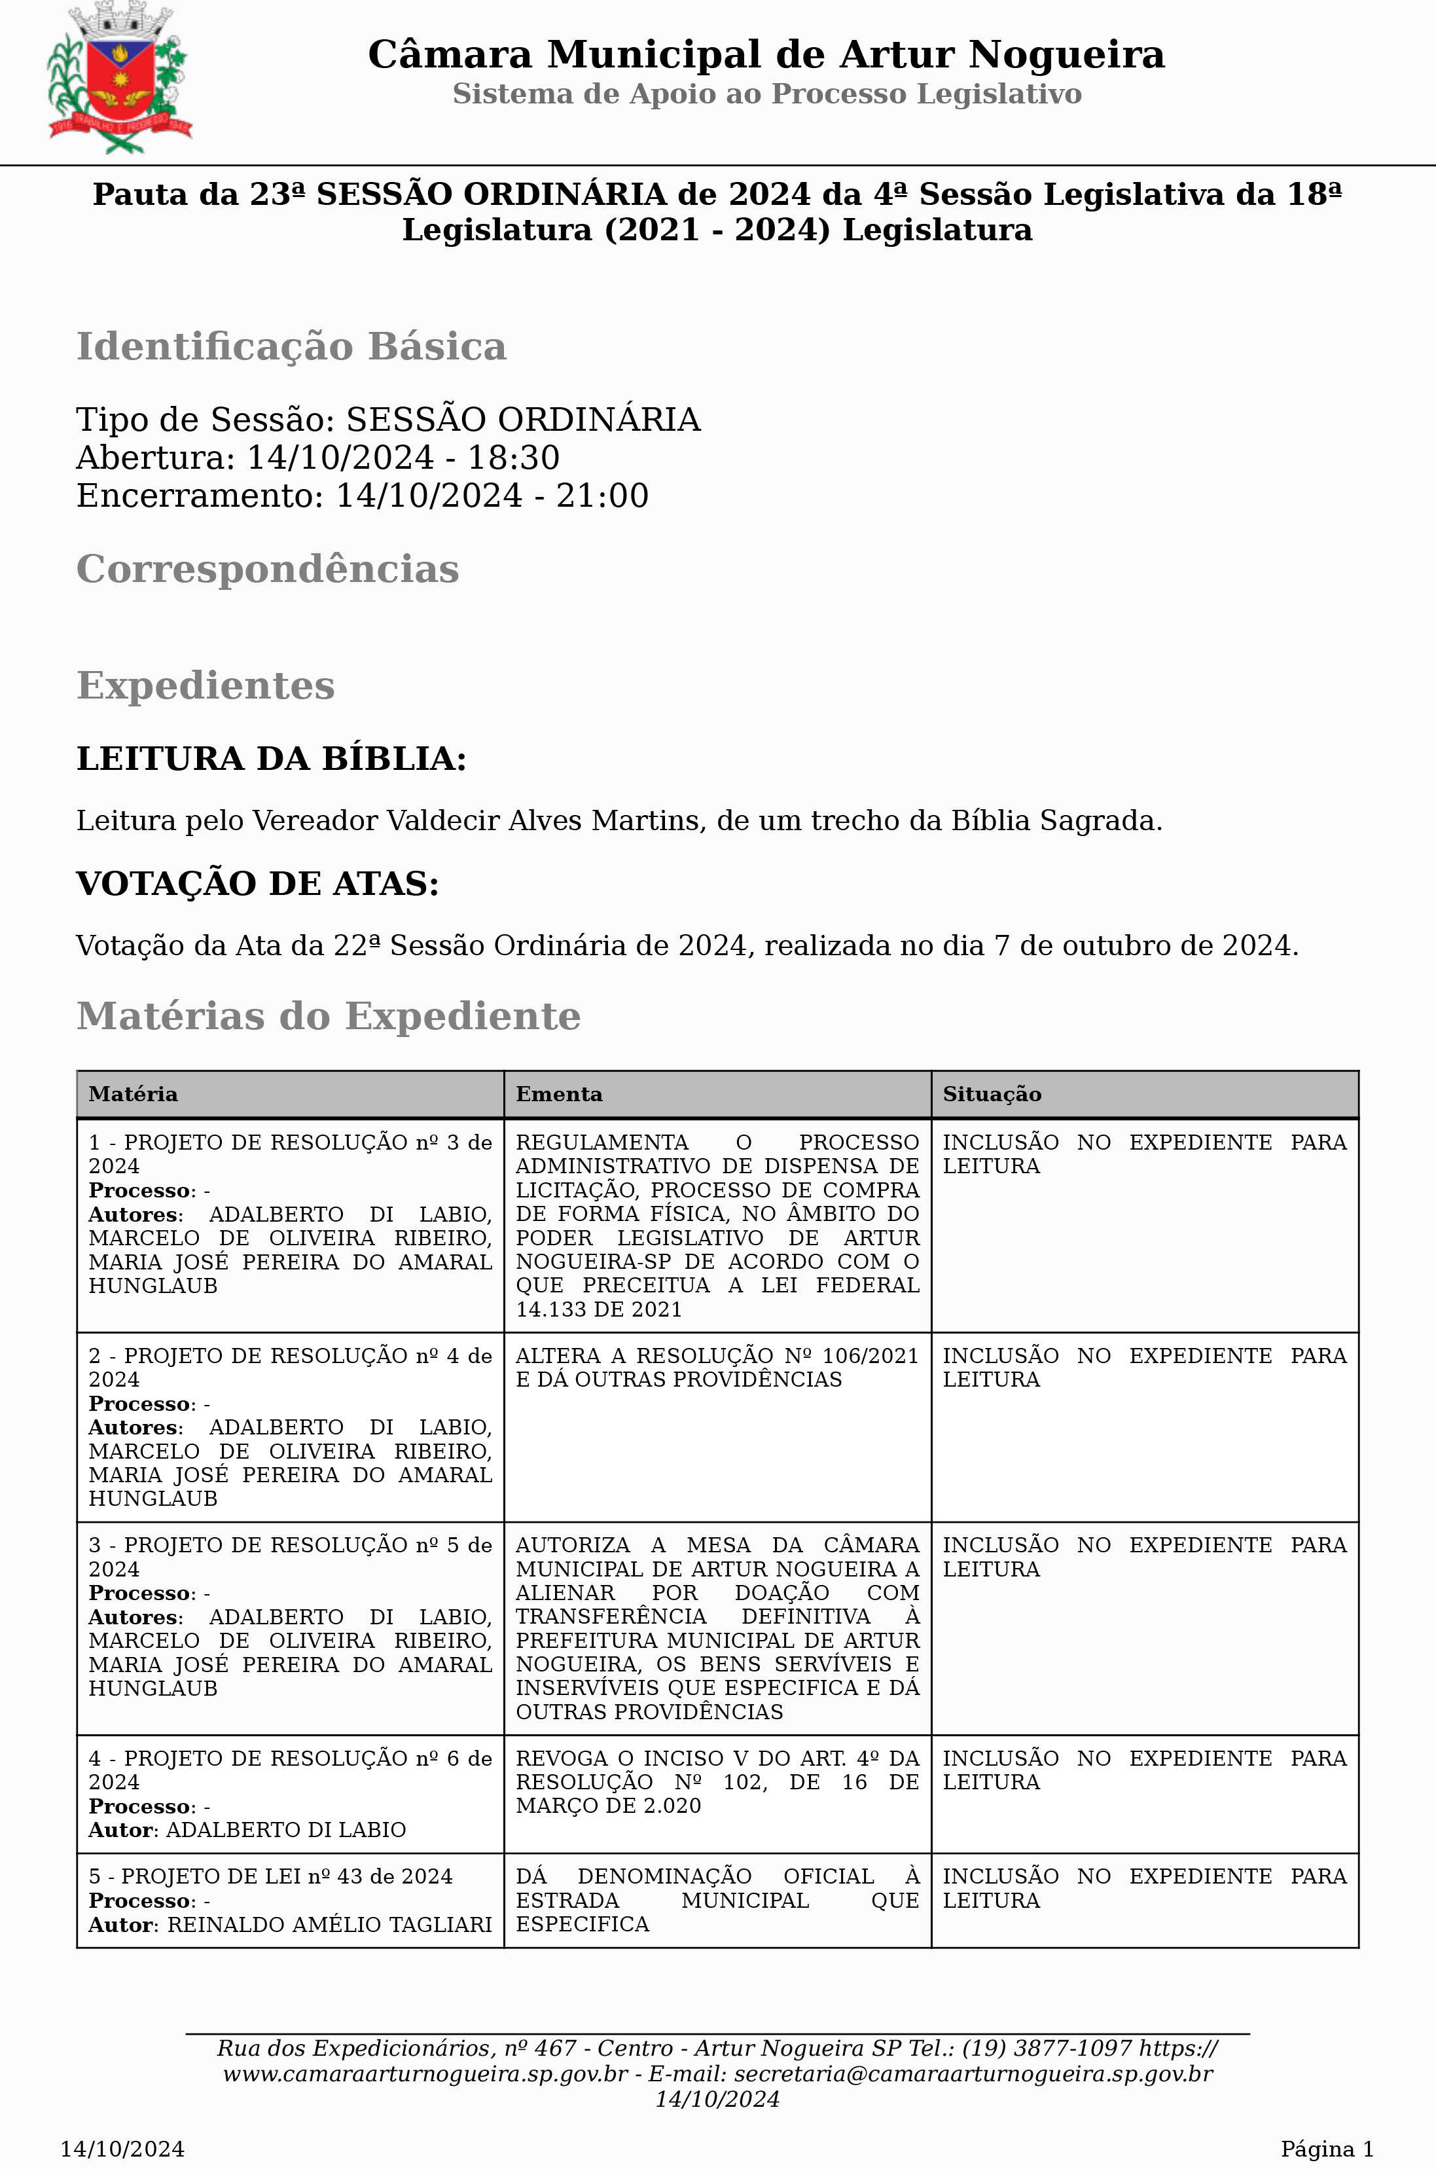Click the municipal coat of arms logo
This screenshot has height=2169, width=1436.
119,77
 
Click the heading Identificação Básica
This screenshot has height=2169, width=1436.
291,346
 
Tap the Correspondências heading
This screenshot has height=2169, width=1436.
268,569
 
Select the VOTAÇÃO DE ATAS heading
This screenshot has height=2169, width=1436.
257,884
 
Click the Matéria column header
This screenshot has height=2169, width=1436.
133,1093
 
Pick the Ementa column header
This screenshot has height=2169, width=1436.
559,1093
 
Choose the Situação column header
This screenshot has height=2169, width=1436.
992,1093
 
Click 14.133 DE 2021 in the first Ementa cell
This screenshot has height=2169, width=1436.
599,1309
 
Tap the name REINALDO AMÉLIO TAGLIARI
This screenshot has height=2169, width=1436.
330,1924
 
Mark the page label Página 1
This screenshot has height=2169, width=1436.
1327,2149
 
